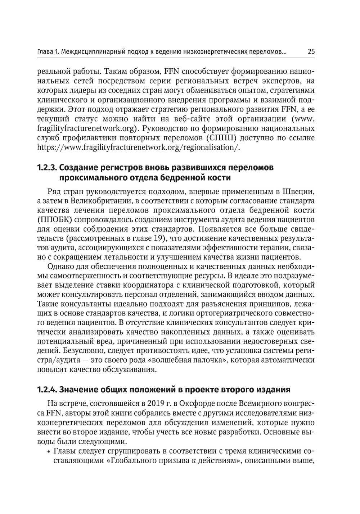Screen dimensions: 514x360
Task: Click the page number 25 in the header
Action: coord(311,52)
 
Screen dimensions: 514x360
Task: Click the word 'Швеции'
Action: coord(299,191)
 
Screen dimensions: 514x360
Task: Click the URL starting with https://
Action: coord(139,147)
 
